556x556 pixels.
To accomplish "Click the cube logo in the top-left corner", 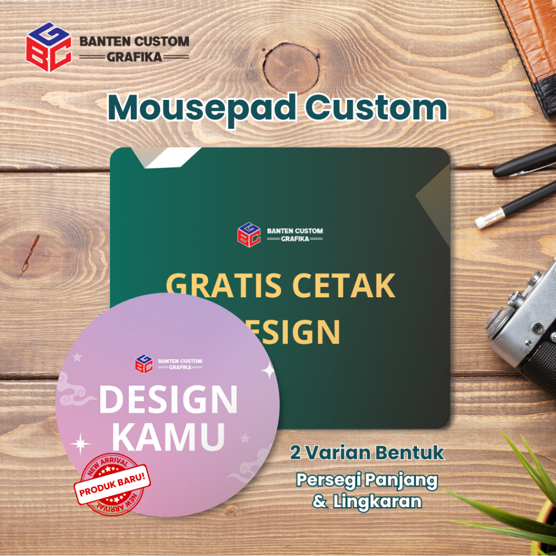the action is pyautogui.click(x=49, y=47).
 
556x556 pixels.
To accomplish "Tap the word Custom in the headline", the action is pyautogui.click(x=376, y=107).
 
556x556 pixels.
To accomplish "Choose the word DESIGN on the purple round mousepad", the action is pyautogui.click(x=168, y=399).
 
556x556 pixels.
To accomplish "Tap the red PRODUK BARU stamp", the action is pyautogui.click(x=112, y=484).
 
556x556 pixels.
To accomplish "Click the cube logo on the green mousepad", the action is pyautogui.click(x=249, y=235).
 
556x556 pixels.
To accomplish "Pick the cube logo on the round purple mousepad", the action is pyautogui.click(x=144, y=364).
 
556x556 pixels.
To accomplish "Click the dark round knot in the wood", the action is pyautogui.click(x=291, y=68).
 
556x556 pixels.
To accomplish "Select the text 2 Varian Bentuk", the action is pyautogui.click(x=367, y=453).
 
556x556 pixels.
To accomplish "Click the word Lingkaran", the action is pyautogui.click(x=377, y=501).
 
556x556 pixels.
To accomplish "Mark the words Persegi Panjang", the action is pyautogui.click(x=367, y=481).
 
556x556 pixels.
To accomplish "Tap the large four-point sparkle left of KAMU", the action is pyautogui.click(x=80, y=444).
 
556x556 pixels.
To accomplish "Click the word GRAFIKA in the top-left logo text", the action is pyautogui.click(x=134, y=57).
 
